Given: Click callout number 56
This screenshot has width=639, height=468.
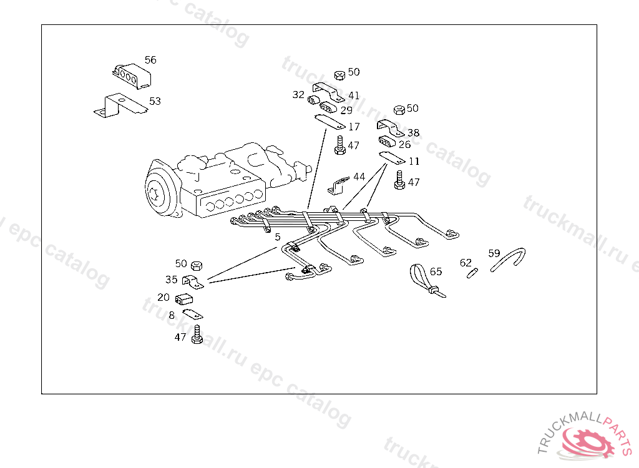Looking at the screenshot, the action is (150, 60).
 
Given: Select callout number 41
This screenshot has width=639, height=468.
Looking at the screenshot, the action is (354, 95).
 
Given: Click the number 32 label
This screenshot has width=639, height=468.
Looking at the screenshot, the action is (298, 95).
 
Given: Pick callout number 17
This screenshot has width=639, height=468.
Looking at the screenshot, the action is (354, 127).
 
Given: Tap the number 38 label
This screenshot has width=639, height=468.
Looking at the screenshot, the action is (413, 133).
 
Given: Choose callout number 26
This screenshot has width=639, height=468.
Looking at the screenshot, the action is (404, 144).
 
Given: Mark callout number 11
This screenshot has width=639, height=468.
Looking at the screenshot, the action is (413, 161).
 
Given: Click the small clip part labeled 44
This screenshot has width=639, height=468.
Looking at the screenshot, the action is (338, 184).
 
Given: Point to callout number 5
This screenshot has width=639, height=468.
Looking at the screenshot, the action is (277, 237).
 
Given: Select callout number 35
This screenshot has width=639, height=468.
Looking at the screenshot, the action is (172, 280).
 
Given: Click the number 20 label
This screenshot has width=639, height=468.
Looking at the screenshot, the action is (163, 297).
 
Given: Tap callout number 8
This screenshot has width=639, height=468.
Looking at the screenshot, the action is (172, 315).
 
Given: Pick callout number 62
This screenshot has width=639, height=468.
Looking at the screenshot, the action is (466, 263).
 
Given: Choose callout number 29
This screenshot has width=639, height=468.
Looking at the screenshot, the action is (346, 110).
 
